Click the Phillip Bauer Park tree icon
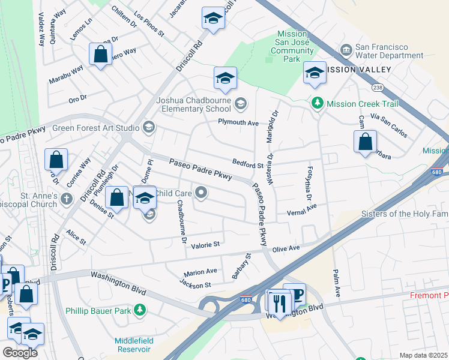(140, 310)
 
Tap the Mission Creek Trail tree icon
(318, 104)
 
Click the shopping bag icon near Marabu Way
(101, 53)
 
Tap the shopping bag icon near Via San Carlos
(365, 142)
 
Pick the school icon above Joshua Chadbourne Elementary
(225, 78)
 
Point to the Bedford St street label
(249, 164)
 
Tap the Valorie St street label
(206, 244)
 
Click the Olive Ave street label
(286, 248)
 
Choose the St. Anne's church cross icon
(66, 199)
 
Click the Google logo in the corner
(20, 352)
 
